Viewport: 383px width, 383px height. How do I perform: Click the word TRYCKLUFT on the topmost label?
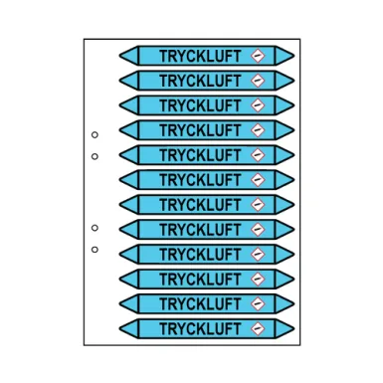tap(200, 54)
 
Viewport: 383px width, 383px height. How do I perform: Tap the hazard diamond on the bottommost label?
tap(259, 327)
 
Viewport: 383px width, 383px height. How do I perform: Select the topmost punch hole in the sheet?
tap(95, 134)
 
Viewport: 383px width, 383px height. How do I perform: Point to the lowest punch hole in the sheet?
tap(95, 250)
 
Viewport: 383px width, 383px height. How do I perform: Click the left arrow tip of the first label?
tap(120, 54)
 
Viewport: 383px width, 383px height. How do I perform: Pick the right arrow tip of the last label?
tap(292, 327)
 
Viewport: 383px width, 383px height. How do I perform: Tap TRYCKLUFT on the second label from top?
tap(200, 79)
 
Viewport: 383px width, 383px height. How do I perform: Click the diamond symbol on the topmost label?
tap(259, 54)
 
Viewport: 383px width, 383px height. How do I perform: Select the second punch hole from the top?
tap(95, 156)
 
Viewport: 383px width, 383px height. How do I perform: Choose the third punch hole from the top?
tap(95, 228)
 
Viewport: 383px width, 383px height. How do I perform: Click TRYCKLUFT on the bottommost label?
tap(200, 327)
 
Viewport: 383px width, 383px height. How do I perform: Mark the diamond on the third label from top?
tap(259, 103)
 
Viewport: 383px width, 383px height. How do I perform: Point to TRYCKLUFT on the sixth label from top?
tap(200, 178)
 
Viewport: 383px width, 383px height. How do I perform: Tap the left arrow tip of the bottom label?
tap(120, 327)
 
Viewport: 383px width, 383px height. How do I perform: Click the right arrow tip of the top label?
tap(292, 54)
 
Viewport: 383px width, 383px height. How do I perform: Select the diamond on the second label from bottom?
tap(259, 302)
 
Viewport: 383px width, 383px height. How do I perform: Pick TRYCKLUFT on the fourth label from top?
tap(200, 128)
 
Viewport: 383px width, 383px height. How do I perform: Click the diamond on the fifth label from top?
tap(259, 153)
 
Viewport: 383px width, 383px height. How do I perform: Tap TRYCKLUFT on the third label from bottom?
tap(200, 278)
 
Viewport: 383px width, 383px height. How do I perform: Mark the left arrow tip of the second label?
tap(120, 79)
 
